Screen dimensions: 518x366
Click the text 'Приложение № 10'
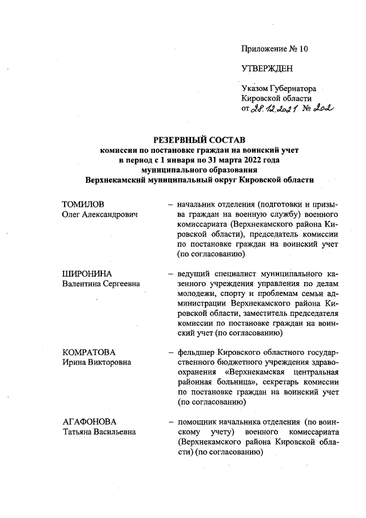tap(274, 49)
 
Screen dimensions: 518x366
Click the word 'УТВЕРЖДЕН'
tap(267, 69)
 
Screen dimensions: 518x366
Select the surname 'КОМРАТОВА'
tap(89, 352)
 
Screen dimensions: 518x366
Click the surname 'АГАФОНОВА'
tap(89, 421)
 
